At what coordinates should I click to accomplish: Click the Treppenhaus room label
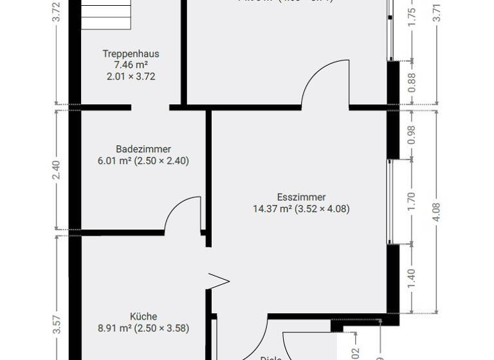[131, 54]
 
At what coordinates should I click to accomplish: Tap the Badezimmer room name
[143, 149]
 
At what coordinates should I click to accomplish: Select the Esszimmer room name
[301, 197]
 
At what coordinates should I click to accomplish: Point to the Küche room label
[143, 316]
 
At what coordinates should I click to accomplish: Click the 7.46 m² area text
[131, 65]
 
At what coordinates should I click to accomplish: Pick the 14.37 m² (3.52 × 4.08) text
[302, 208]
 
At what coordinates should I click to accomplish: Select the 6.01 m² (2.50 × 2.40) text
[143, 161]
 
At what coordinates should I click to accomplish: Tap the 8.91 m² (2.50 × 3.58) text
[143, 328]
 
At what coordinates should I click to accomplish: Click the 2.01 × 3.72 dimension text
[131, 76]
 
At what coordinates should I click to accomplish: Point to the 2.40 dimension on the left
[57, 170]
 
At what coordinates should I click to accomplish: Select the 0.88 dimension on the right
[412, 82]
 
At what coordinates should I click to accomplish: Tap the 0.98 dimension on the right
[412, 134]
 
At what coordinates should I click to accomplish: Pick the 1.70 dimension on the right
[412, 201]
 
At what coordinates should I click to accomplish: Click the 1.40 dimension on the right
[412, 278]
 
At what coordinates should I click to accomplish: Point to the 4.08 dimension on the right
[437, 212]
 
